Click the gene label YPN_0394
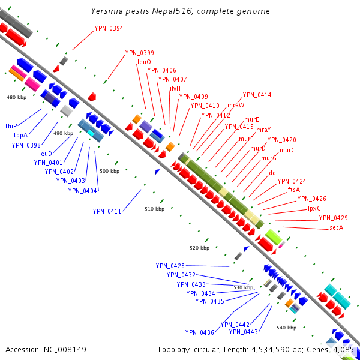pos(109,28)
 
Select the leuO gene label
pos(144,62)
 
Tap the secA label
pos(337,227)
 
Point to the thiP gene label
pos(11,126)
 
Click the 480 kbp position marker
pos(17,97)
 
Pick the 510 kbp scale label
pos(155,209)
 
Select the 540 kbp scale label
pos(287,328)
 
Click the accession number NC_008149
pos(65,350)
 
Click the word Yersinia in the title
pos(107,11)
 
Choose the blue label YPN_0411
pos(107,211)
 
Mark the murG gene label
pos(269,158)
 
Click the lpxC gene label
pos(314,208)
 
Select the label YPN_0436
pos(200,332)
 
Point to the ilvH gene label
pos(175,88)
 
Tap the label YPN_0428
pos(170,266)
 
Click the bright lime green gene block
pos(274,237)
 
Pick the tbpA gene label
pos(20,135)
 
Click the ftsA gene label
pos(294,190)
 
